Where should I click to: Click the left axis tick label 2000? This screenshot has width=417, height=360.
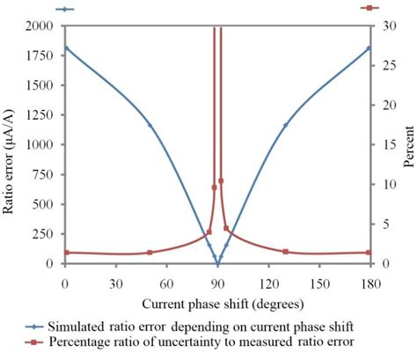click(40, 26)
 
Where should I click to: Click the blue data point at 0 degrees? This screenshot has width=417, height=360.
click(66, 48)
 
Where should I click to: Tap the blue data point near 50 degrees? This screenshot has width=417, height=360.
click(150, 125)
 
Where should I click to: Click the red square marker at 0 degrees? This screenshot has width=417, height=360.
click(66, 253)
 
